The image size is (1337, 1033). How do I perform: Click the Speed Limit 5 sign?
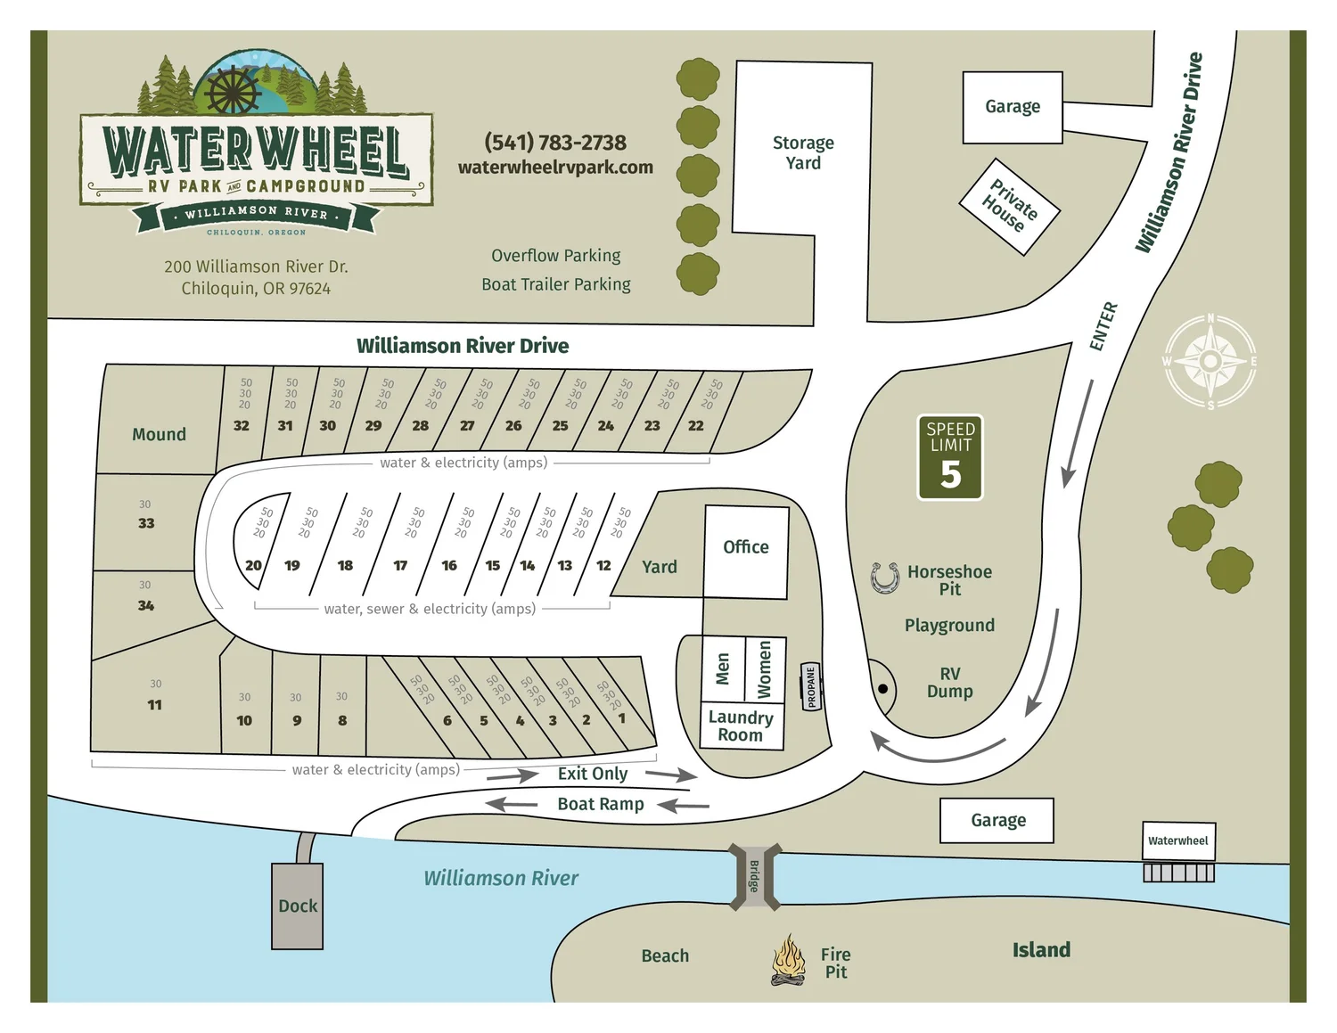point(950,457)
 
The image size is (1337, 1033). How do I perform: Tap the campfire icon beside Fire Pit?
point(788,961)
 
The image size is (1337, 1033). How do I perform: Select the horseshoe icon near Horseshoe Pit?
point(885,578)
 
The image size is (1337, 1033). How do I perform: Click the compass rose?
point(1210,361)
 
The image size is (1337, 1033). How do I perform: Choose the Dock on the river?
point(298,906)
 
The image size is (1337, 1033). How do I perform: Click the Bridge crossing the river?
point(755,876)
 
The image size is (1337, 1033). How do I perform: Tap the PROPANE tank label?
point(811,687)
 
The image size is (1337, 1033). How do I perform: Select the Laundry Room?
point(741,726)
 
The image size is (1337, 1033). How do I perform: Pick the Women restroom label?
point(764,669)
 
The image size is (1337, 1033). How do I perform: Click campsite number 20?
point(254,565)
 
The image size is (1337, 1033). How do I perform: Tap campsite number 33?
point(146,523)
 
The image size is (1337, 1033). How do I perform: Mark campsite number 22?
point(696,426)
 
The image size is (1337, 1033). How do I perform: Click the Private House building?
point(1009,207)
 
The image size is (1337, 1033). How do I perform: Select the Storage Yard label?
point(803,152)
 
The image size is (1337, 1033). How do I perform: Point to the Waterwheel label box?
point(1178,840)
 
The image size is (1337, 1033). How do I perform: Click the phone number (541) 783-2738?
point(555,143)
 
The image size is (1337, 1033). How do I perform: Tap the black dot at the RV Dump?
point(882,689)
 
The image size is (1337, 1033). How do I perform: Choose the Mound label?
point(160,434)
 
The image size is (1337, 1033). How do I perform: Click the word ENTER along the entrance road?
point(1103,326)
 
